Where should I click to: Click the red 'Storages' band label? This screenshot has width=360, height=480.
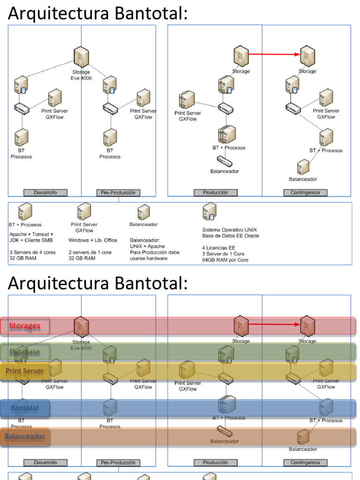tap(25, 326)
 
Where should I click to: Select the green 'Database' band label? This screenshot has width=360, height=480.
tap(25, 352)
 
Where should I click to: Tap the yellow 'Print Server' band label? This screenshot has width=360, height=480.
tap(25, 371)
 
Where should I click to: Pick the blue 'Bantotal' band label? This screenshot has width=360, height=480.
tap(25, 408)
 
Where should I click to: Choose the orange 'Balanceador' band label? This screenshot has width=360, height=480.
tap(25, 436)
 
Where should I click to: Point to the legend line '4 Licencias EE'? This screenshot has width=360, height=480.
tap(218, 247)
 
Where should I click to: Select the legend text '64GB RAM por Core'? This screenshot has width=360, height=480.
tap(225, 260)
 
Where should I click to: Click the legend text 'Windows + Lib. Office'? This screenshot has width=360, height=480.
tap(93, 240)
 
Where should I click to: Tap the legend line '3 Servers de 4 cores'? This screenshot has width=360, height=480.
tap(32, 252)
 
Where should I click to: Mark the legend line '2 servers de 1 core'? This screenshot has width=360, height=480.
tap(90, 252)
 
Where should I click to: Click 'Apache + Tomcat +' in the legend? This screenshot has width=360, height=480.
tap(31, 234)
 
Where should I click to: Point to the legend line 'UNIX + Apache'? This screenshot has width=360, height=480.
tap(147, 246)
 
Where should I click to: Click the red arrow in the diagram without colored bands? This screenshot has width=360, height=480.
tap(274, 54)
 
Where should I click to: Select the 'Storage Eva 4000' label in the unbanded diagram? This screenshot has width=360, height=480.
tap(81, 75)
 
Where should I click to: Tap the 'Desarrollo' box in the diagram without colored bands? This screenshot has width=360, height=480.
tap(45, 193)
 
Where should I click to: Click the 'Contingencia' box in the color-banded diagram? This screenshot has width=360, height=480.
tap(305, 463)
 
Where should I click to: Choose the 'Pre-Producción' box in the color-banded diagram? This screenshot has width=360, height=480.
tap(118, 463)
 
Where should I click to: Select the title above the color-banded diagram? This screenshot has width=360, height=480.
tap(97, 283)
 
